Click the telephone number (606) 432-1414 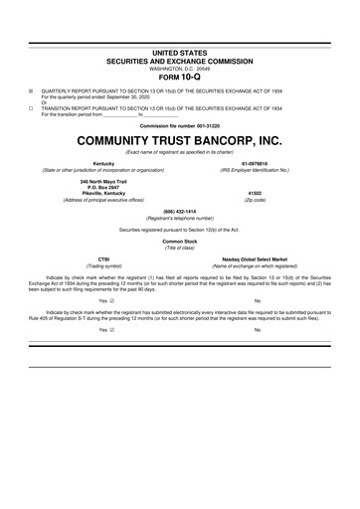pos(180,211)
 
